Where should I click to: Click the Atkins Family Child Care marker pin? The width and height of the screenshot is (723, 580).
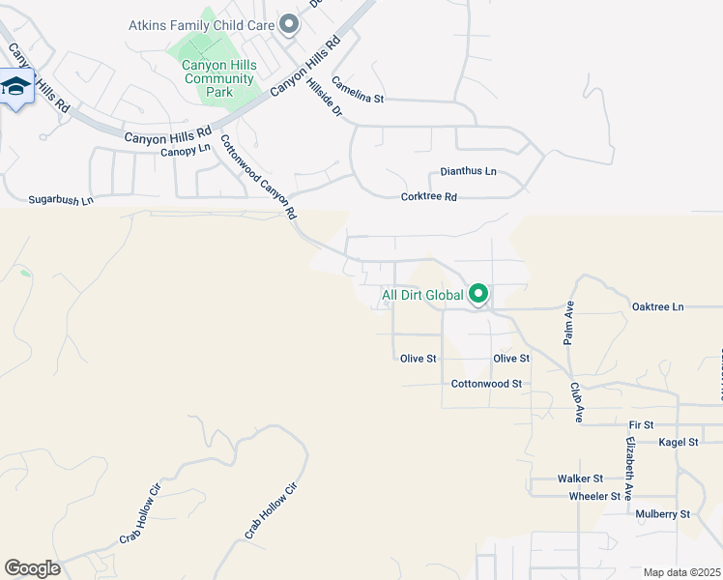[288, 25]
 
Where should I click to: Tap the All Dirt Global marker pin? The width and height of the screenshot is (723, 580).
[477, 294]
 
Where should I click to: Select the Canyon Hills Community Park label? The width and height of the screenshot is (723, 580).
[219, 78]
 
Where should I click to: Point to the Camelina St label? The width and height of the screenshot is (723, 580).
[358, 90]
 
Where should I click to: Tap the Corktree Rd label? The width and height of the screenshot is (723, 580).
[429, 197]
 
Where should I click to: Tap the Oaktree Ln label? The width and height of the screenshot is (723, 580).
[657, 306]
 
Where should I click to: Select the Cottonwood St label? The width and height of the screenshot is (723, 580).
[486, 384]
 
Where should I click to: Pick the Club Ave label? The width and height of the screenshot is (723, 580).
[577, 401]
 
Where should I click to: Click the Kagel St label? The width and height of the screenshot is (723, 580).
[678, 442]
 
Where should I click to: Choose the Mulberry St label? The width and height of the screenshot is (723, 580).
[662, 514]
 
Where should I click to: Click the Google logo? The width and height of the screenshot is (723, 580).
[32, 568]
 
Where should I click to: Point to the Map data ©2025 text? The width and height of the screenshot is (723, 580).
[681, 572]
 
